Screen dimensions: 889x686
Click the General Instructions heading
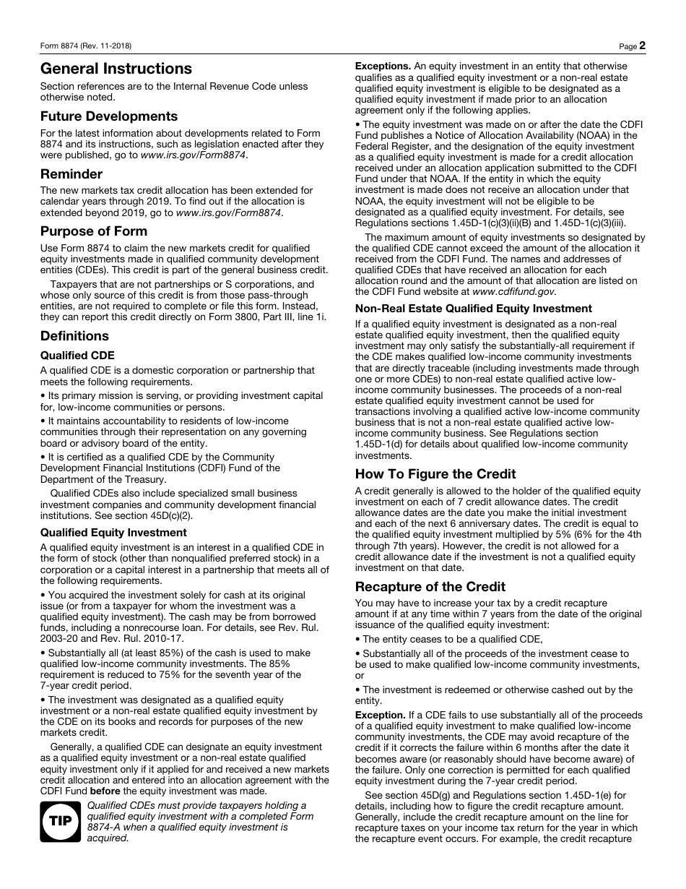click(x=116, y=69)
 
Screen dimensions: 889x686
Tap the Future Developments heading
click(x=109, y=116)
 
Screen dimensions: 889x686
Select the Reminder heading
click(x=71, y=174)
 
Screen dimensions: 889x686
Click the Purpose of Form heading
click(x=94, y=231)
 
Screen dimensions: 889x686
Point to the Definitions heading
click(x=74, y=336)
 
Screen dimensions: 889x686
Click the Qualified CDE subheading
click(x=77, y=356)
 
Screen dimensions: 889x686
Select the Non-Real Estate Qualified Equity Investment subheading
click(x=473, y=309)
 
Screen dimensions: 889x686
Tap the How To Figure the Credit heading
click(x=435, y=474)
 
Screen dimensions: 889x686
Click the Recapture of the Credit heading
click(x=430, y=587)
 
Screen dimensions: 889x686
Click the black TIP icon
click(x=61, y=822)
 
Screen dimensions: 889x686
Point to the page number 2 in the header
click(x=642, y=46)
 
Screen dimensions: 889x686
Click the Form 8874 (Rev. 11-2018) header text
click(x=86, y=46)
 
